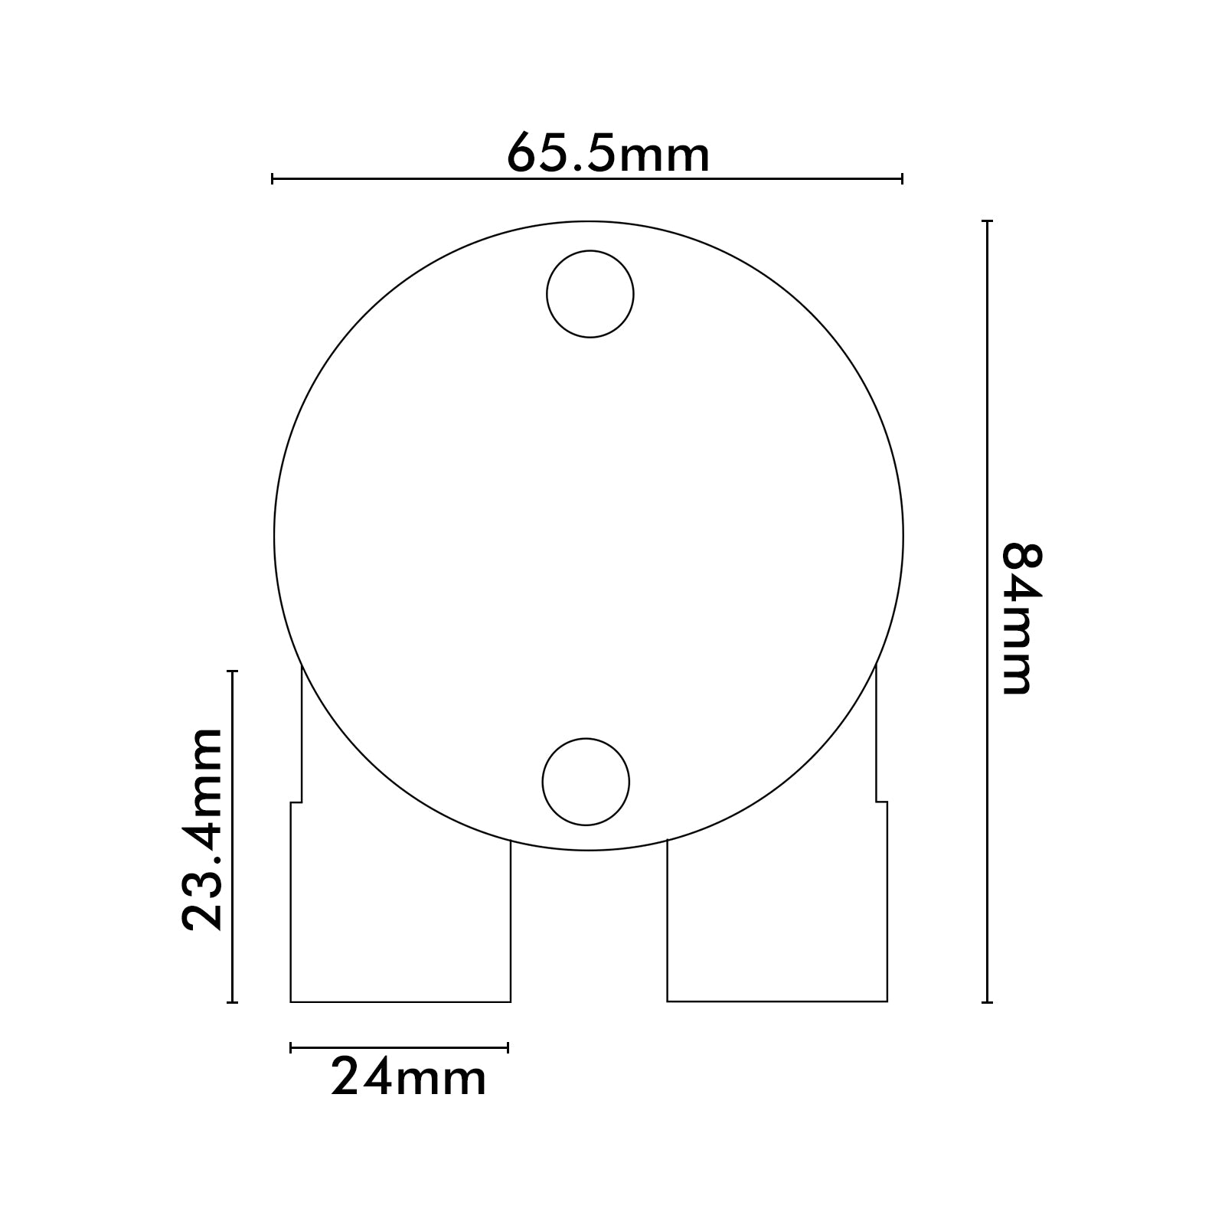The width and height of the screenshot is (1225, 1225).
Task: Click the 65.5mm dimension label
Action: pyautogui.click(x=609, y=152)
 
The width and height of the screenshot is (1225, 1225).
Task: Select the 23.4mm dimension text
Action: pyautogui.click(x=202, y=829)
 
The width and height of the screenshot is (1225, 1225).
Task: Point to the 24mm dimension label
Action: pyautogui.click(x=408, y=1078)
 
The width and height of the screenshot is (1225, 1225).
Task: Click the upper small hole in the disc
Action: pyautogui.click(x=590, y=294)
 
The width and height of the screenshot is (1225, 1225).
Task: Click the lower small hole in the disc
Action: pyautogui.click(x=586, y=782)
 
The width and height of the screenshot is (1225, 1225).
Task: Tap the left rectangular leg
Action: pyautogui.click(x=400, y=919)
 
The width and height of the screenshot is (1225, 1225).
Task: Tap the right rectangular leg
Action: pyautogui.click(x=777, y=919)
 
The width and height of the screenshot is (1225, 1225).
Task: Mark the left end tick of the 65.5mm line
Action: pyautogui.click(x=273, y=179)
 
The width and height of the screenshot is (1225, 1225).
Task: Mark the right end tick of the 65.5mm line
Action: pyautogui.click(x=902, y=179)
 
